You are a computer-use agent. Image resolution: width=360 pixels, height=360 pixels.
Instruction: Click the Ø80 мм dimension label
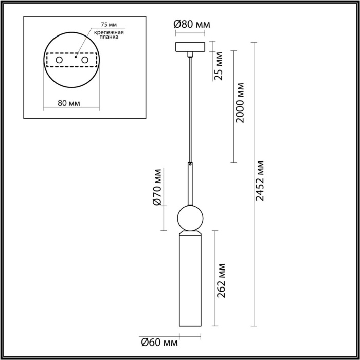tap(192, 24)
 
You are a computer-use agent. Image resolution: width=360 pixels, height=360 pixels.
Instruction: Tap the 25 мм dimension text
tap(219, 67)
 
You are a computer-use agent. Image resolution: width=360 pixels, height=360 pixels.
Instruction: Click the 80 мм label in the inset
tap(68, 103)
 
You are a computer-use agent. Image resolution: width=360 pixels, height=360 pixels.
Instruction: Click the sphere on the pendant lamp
tap(190, 218)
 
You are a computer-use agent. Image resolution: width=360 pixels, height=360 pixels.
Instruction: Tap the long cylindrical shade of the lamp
tap(190, 283)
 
